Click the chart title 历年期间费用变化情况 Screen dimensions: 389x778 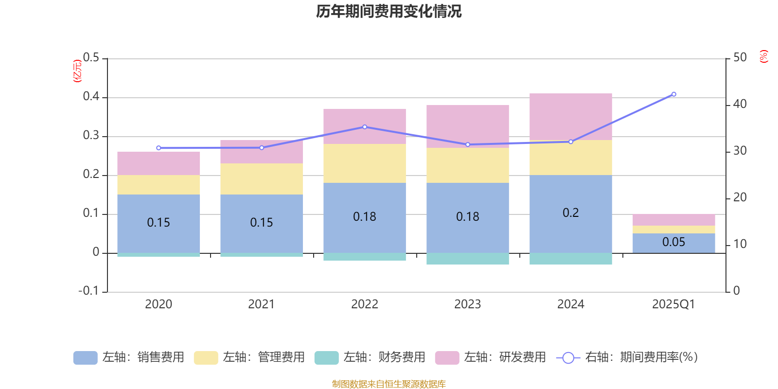389,11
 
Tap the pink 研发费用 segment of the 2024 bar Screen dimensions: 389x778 570,117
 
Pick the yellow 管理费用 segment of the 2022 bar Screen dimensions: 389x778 364,163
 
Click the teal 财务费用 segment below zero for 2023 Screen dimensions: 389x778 467,259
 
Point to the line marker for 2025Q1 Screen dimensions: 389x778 673,94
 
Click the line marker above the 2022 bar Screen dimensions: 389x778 365,127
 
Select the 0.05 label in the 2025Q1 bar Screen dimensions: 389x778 673,242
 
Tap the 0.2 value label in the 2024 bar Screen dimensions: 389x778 570,213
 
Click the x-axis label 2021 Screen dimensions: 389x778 261,304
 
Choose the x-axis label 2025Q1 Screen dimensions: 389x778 673,304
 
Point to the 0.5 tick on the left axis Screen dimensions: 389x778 91,58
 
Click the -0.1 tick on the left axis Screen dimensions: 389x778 88,291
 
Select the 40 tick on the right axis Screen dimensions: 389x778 740,104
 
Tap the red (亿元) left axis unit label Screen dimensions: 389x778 77,71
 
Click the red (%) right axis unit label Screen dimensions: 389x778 763,56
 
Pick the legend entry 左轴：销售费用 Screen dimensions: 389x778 129,357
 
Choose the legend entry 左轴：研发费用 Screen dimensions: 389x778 491,357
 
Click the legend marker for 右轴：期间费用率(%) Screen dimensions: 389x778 568,358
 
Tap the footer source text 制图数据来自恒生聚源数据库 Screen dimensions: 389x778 389,384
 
